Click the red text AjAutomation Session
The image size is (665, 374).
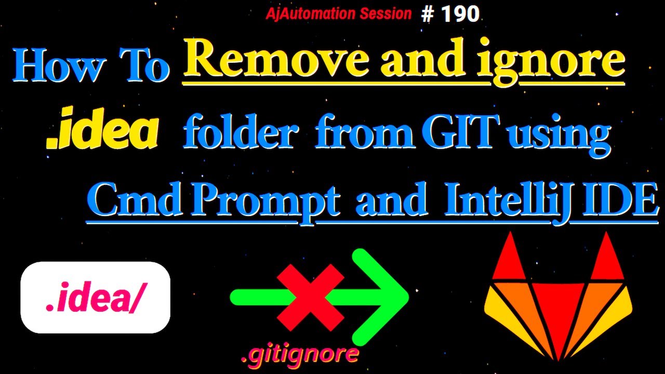tap(338, 14)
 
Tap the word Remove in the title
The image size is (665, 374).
tap(275, 61)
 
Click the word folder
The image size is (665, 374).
tap(241, 133)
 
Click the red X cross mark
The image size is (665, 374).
tap(310, 297)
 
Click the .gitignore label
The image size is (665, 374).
tap(300, 354)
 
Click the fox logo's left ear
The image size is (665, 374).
tap(510, 258)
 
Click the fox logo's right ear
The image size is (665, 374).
tap(607, 258)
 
